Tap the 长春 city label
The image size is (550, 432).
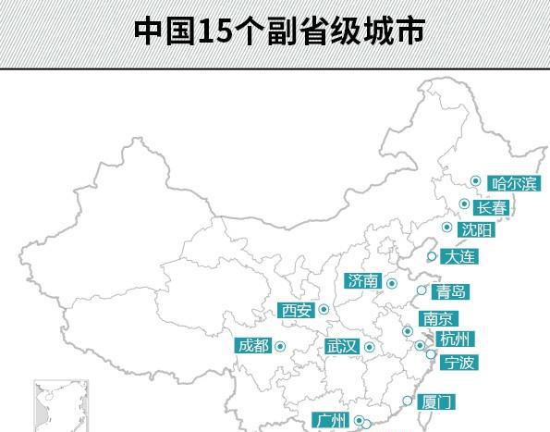492,208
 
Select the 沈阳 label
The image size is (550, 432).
477,230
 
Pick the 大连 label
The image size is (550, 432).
458,256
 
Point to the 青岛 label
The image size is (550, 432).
451,292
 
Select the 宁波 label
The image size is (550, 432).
458,363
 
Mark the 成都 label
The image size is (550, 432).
253,346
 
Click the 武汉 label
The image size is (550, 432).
341,347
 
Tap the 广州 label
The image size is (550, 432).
330,421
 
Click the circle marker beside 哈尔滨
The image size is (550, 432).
475,181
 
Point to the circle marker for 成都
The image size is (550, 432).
280,346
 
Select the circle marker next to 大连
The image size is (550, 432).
432,256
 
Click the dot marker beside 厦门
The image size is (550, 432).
408,401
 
